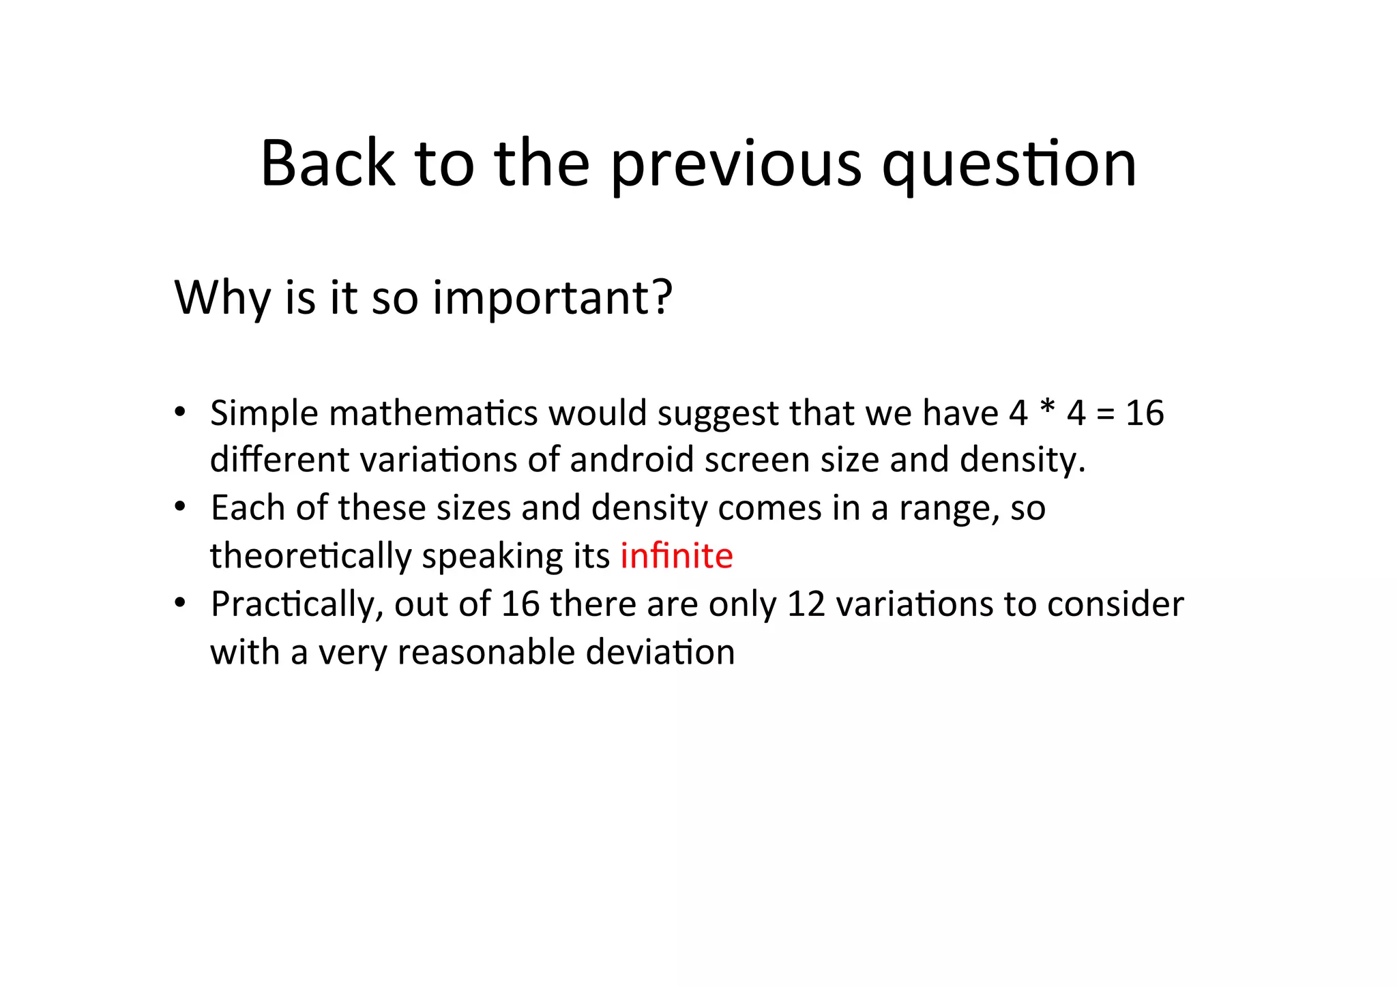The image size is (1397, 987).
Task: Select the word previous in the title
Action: point(737,165)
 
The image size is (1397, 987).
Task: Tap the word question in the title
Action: point(1009,165)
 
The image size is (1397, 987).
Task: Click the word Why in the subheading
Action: point(222,298)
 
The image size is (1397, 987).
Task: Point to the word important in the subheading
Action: point(553,298)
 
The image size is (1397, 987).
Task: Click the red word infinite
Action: point(676,556)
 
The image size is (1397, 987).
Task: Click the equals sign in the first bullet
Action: point(1106,414)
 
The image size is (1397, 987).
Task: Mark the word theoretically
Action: point(311,557)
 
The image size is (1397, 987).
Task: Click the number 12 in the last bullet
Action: point(806,604)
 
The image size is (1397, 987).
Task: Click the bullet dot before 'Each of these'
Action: point(179,507)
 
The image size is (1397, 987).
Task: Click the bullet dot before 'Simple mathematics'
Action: point(179,412)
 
